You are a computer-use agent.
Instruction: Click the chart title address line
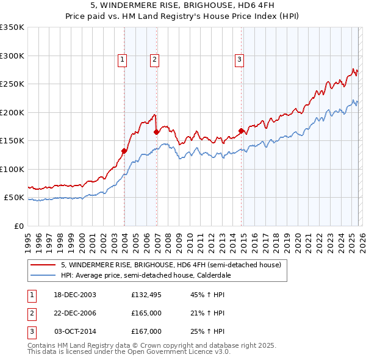pos(182,5)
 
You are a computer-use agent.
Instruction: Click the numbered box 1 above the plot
pos(123,59)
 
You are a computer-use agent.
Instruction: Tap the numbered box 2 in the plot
pos(155,59)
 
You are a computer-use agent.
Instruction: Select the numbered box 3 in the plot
pos(239,59)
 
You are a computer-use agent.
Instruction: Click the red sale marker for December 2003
pos(124,151)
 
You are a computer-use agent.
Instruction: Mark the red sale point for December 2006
pos(157,132)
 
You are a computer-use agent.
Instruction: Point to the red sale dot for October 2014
pos(241,131)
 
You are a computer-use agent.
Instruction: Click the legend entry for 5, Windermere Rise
pos(171,265)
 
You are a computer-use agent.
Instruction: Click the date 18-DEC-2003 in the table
pos(75,295)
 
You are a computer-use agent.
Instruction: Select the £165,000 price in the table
pos(146,313)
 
